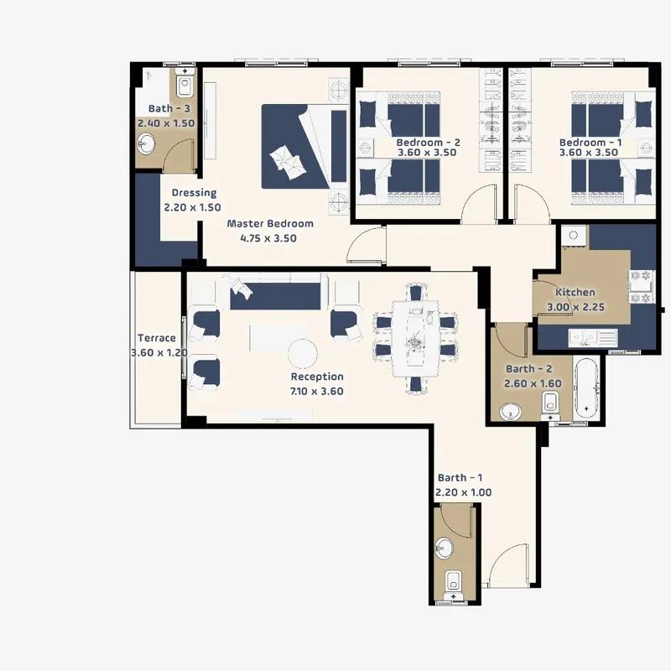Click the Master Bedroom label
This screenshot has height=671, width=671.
(x=270, y=223)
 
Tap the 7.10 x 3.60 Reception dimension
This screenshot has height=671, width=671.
(x=317, y=391)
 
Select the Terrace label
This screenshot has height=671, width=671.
(x=157, y=338)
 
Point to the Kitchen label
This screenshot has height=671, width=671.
(x=575, y=292)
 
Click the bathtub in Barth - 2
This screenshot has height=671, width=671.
(x=586, y=388)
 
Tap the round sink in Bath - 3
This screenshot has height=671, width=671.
(x=146, y=143)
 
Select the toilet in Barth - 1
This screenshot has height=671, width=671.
(x=453, y=585)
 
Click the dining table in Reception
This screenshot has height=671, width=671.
(x=415, y=339)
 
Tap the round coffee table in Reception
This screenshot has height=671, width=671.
(x=303, y=354)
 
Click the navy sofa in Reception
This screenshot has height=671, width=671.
(x=275, y=296)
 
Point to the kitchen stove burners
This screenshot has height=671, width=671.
(x=641, y=286)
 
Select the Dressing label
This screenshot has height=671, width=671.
(x=194, y=193)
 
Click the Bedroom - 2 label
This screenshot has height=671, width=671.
(x=428, y=143)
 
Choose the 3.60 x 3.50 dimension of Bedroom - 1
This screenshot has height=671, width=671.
(x=589, y=153)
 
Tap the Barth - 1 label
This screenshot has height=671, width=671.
(x=460, y=477)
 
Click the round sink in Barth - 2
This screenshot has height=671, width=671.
(x=511, y=412)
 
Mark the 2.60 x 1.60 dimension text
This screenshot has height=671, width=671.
(x=533, y=383)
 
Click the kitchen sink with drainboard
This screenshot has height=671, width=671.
(x=593, y=338)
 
